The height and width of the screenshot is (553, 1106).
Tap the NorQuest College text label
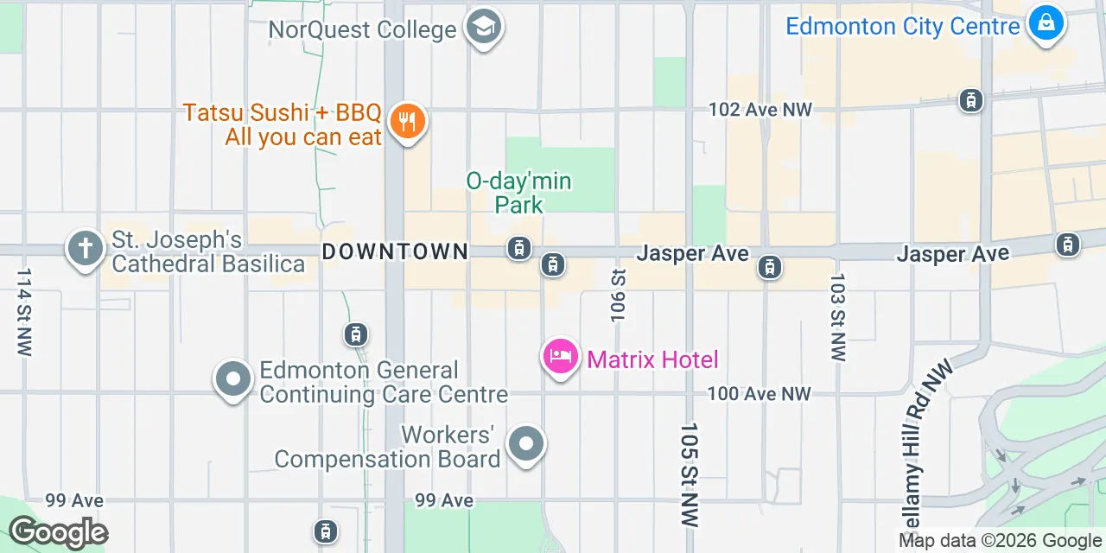[362, 30]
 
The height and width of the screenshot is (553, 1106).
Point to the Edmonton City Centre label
[902, 27]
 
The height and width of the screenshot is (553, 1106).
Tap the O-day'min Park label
[519, 193]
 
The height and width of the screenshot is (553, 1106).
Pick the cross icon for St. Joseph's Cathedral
[86, 250]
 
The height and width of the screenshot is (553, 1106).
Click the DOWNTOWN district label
[395, 251]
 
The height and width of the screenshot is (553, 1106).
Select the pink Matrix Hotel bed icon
[561, 356]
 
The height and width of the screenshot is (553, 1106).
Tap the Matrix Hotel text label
[652, 359]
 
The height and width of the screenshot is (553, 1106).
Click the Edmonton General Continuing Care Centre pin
[232, 379]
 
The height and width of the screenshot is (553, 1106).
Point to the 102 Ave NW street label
[760, 110]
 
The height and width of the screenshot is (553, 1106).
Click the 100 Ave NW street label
[759, 394]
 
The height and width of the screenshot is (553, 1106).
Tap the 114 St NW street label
[23, 311]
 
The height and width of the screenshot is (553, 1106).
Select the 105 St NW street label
[689, 474]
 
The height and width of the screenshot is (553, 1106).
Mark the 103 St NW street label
[836, 317]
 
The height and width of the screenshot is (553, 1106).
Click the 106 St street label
[618, 295]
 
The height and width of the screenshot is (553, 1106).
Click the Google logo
[58, 532]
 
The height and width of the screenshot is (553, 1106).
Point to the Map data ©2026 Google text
[1000, 541]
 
